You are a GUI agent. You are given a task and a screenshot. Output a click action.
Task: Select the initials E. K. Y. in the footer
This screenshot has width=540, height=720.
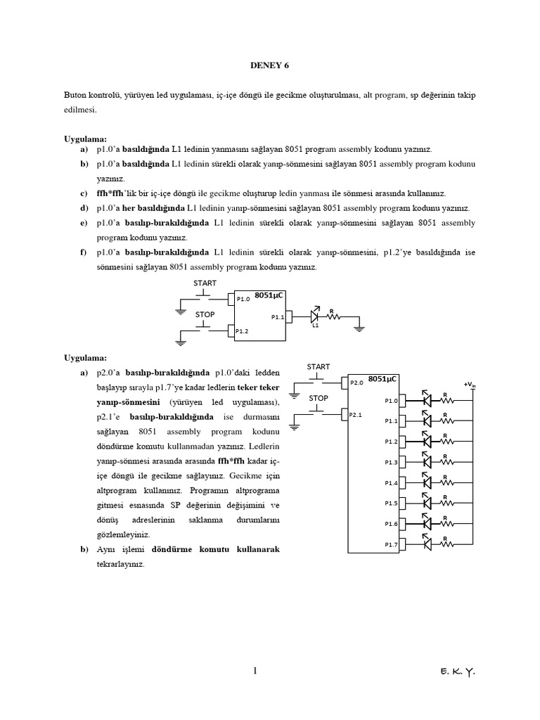click(455, 672)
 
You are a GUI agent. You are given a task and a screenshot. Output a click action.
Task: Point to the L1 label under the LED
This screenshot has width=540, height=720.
click(315, 326)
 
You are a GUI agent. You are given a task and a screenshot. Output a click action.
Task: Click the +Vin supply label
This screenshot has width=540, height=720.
click(469, 384)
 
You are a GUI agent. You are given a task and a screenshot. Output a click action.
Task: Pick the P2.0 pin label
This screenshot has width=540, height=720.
click(356, 382)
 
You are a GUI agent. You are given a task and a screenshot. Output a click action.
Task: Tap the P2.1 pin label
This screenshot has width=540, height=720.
click(355, 415)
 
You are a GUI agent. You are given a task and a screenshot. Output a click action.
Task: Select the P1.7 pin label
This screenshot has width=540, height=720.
click(391, 544)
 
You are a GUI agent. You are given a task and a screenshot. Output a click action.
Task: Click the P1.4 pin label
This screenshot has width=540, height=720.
click(391, 483)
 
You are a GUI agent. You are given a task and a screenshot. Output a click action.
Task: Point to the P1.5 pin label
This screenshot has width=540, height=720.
click(391, 503)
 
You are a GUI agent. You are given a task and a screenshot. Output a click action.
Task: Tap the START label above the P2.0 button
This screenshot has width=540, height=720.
click(319, 366)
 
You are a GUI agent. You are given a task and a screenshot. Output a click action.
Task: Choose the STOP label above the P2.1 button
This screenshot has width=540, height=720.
click(319, 398)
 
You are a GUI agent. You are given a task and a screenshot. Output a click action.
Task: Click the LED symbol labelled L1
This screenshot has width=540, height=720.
click(316, 316)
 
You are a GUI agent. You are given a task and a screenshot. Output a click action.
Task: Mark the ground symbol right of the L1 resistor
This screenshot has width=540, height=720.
click(359, 326)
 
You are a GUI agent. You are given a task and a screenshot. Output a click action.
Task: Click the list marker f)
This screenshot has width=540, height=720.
click(83, 252)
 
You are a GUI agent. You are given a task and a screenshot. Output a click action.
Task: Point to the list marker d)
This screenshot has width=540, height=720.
click(84, 208)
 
